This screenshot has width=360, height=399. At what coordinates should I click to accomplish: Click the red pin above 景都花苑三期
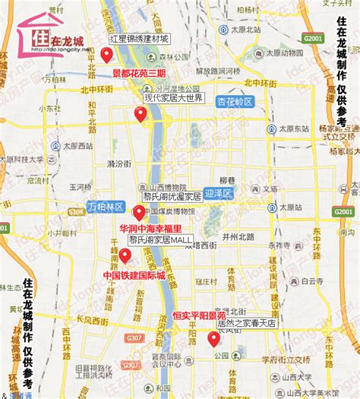pos(106,55)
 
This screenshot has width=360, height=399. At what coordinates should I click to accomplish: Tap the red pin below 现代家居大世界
pos(141,115)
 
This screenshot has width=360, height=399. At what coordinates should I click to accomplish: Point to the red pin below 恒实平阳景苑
pos(213,338)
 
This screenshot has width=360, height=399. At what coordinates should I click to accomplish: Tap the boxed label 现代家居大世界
pos(173,98)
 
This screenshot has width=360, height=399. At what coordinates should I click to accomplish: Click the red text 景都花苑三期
pos(139,73)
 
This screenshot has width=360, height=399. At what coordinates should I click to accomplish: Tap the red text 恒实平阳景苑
pos(199,315)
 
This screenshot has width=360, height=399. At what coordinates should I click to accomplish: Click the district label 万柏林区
pos(105,207)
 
